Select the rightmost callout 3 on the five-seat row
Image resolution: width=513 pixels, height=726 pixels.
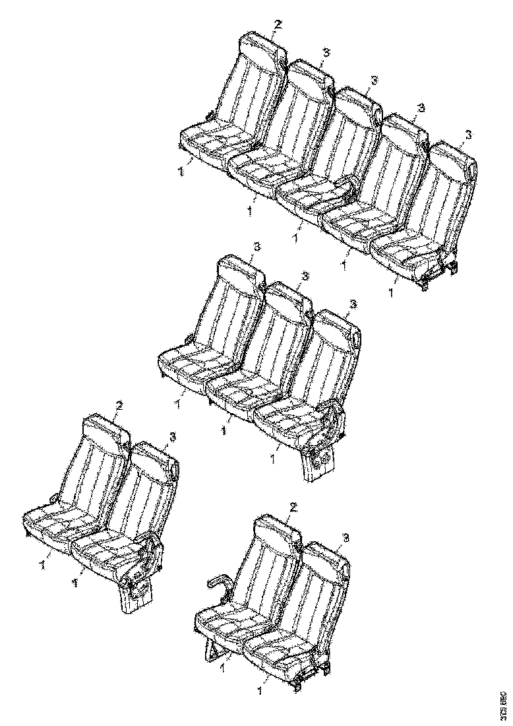tap(468, 134)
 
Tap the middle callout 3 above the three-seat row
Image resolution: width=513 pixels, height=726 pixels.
tap(305, 275)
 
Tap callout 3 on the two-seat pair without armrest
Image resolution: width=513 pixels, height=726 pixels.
tap(172, 436)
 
